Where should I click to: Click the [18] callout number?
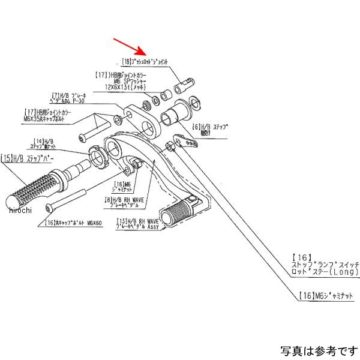click(x=126, y=62)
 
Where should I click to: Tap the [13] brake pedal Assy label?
click(x=138, y=226)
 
